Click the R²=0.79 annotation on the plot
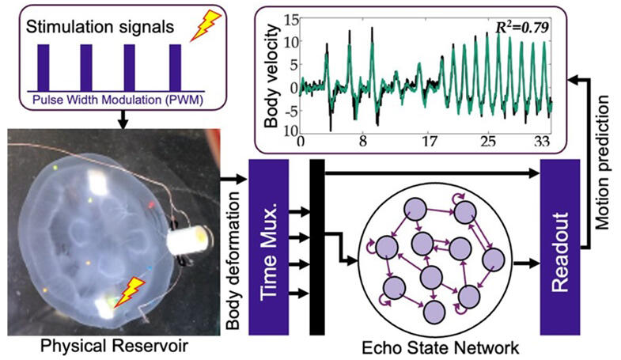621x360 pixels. point(522,28)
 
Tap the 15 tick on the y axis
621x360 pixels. point(292,21)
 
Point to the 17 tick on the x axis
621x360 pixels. point(430,141)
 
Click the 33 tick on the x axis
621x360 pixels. point(541,141)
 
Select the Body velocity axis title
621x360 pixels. point(271,76)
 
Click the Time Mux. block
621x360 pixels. point(268,247)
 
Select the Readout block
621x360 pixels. point(560,247)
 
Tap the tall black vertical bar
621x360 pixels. point(317,247)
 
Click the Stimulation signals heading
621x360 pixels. point(100,27)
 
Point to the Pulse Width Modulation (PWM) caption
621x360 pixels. point(118,100)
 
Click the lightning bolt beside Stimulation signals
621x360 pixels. point(205,25)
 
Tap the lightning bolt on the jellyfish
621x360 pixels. point(130,292)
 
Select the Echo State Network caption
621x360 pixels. point(440,347)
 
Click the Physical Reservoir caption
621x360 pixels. point(115,346)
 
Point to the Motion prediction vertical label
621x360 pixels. point(602,162)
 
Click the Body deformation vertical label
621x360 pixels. point(233,260)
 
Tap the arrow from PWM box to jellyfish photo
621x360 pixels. point(123,119)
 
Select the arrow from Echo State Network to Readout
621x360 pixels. point(526,263)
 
